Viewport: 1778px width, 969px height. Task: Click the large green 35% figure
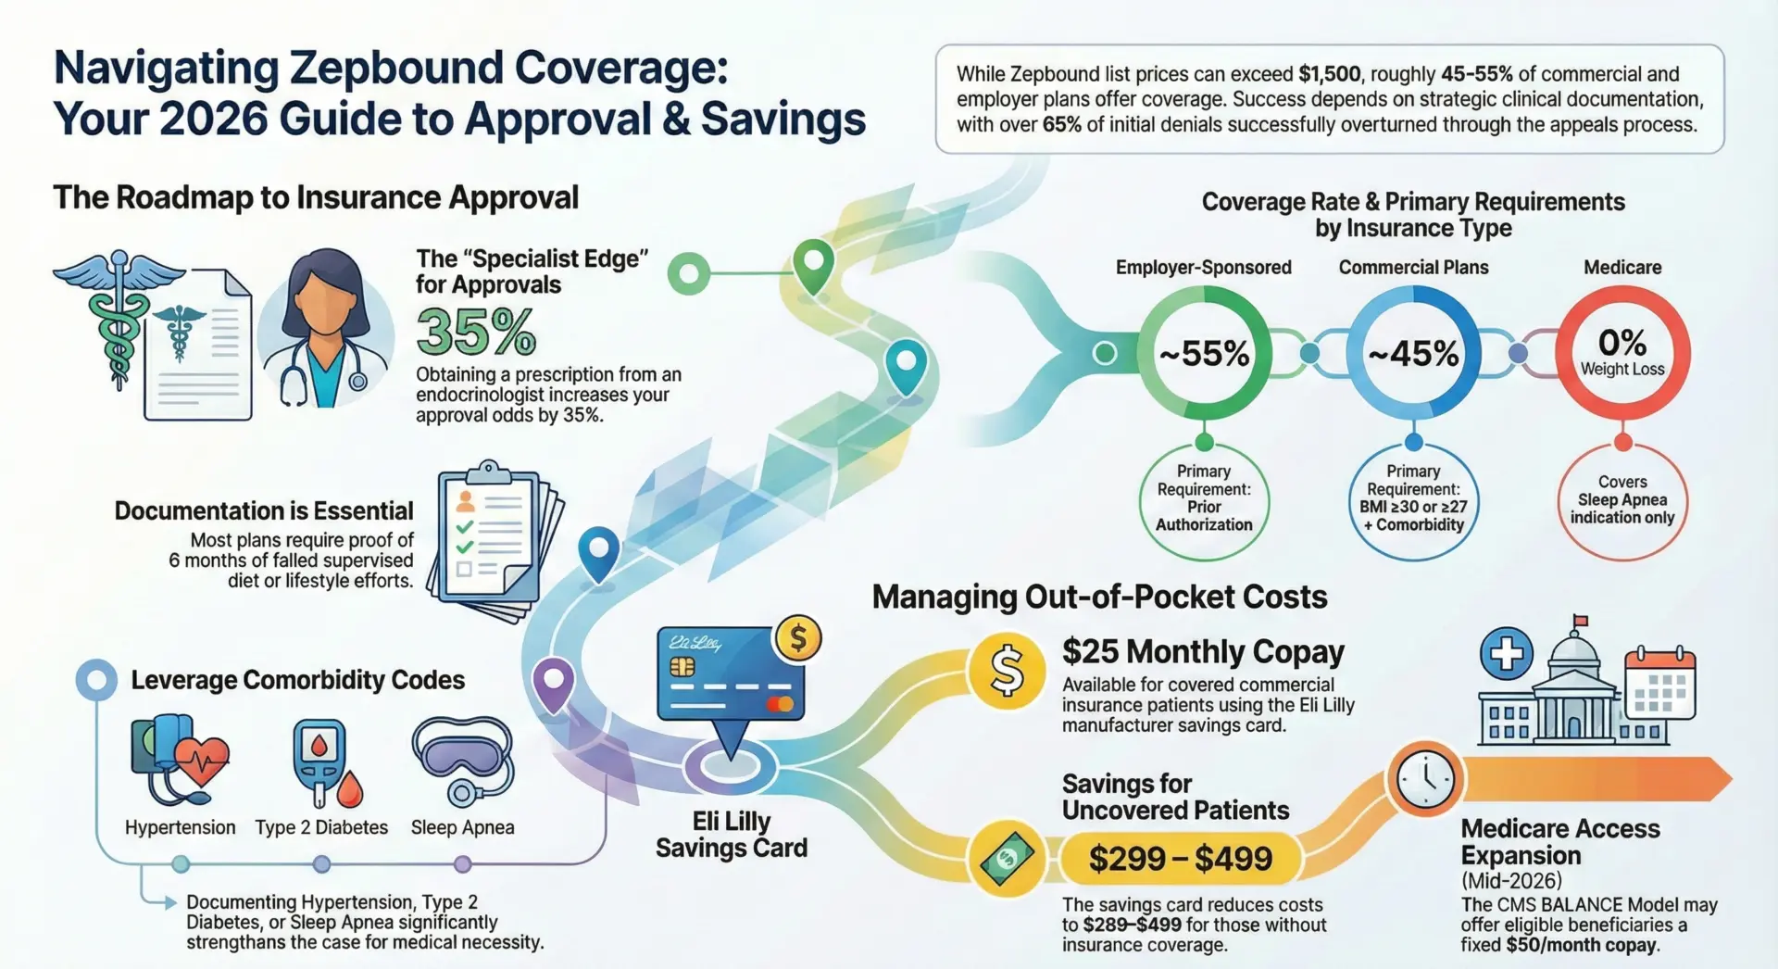[476, 333]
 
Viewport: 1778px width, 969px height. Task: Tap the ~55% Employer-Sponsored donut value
[1204, 354]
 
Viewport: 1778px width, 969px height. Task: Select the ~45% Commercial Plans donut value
[1413, 354]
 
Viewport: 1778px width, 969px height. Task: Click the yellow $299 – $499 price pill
[1180, 859]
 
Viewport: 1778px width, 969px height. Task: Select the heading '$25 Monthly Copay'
[1203, 652]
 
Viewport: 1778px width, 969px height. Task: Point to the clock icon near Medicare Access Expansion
[1425, 779]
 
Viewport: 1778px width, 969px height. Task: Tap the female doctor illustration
[324, 331]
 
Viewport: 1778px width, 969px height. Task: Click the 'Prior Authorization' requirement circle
[1204, 500]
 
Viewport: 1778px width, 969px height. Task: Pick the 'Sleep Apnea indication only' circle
[1622, 500]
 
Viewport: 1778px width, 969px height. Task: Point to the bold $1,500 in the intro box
[1330, 74]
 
